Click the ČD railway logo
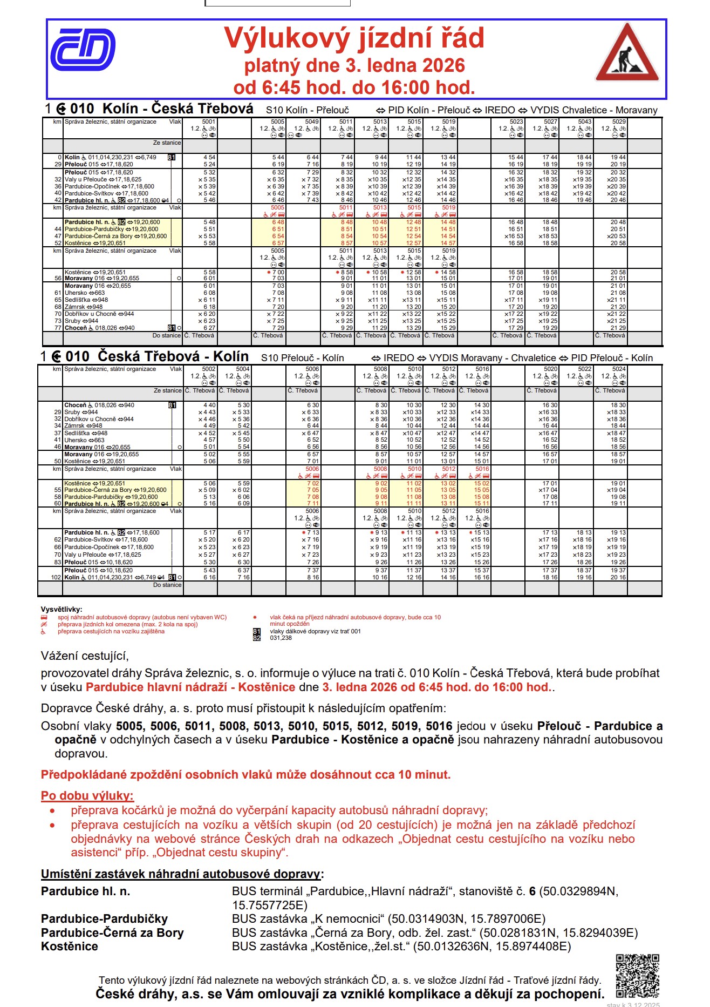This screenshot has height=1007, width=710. click(x=83, y=50)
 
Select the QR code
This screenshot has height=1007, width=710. click(x=637, y=976)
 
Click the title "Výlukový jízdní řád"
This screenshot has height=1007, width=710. click(x=354, y=38)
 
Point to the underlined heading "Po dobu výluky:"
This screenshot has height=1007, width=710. click(x=87, y=795)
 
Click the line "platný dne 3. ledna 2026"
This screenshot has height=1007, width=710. click(x=354, y=66)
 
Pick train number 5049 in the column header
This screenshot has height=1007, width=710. click(x=312, y=122)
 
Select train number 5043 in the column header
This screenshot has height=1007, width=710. click(x=585, y=122)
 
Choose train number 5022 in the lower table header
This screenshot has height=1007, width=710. click(x=584, y=369)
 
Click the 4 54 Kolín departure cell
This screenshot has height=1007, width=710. click(x=209, y=158)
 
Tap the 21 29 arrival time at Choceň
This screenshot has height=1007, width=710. click(x=618, y=328)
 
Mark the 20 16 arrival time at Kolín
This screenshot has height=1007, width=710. click(x=618, y=577)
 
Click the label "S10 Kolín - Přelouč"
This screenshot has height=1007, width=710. click(x=308, y=110)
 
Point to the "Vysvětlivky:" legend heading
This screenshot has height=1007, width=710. click(x=62, y=610)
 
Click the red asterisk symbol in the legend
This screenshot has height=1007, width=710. click(x=255, y=617)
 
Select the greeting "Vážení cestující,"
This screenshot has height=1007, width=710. click(x=85, y=656)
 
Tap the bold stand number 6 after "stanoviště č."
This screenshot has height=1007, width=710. click(x=532, y=891)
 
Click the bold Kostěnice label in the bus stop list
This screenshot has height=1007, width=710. click(x=70, y=947)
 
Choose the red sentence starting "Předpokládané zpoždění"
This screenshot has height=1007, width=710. click(x=245, y=775)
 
